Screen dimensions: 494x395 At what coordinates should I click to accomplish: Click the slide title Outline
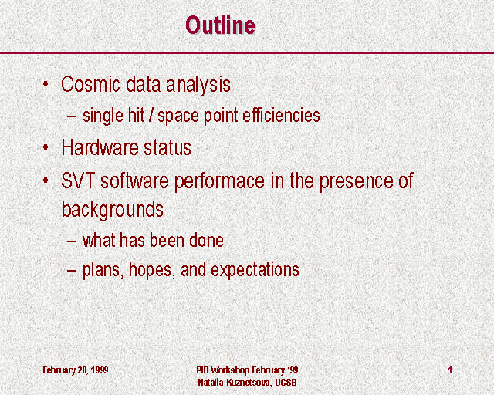pos(220,25)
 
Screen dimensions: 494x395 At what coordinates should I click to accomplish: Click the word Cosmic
pos(91,84)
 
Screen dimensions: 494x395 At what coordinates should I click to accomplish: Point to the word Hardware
pos(100,147)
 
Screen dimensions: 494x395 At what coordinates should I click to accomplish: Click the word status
pos(167,147)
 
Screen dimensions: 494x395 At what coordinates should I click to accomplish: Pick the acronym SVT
pos(79,181)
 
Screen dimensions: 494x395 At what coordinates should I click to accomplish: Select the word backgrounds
pos(113,210)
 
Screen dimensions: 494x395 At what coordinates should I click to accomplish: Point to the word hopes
pos(152,270)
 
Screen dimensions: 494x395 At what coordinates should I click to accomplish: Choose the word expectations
pos(255,270)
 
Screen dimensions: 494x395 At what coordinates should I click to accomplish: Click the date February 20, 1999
pos(76,370)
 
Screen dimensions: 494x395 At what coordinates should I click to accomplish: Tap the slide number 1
pos(450,370)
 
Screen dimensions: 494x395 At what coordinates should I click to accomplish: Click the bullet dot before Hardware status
pos(46,147)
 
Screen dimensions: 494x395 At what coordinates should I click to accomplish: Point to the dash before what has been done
pos(72,241)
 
